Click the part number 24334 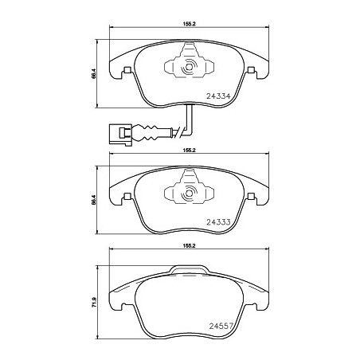(x=218, y=96)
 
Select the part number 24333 (x=218, y=222)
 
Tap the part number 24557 (x=221, y=326)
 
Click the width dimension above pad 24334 (x=189, y=24)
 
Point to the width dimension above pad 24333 (x=189, y=150)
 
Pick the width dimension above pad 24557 (x=189, y=246)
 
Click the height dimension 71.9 (x=94, y=303)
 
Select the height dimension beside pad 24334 (x=94, y=73)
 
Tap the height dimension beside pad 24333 (x=94, y=200)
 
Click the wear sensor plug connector (x=119, y=135)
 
